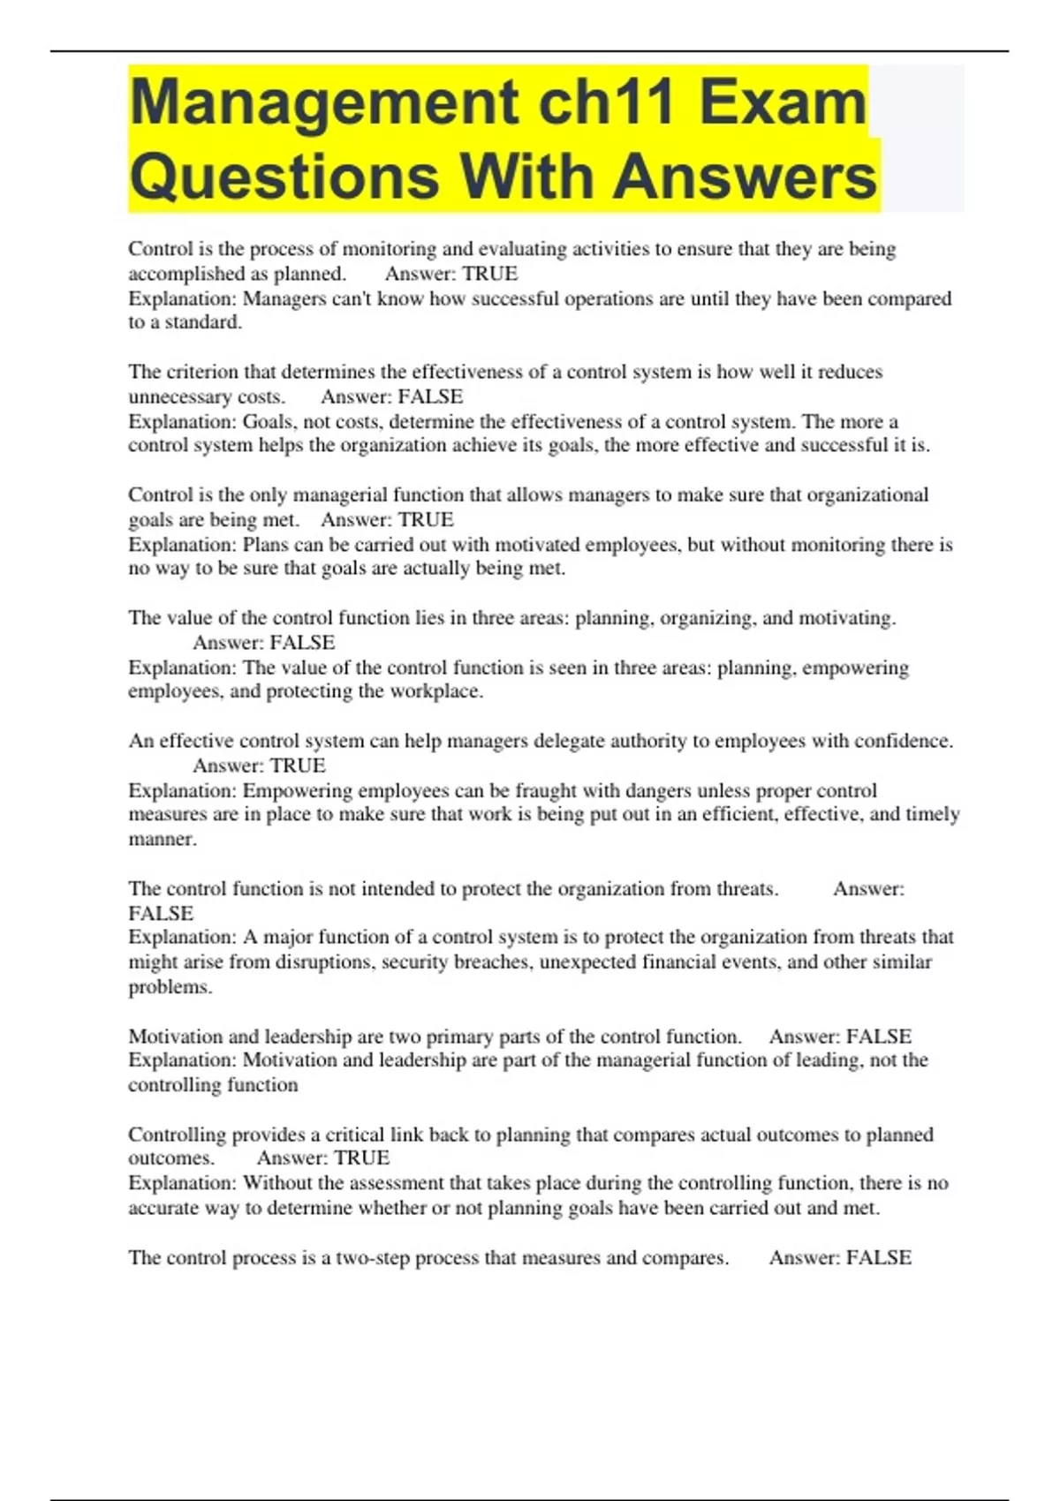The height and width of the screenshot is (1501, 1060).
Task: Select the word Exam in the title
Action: [783, 102]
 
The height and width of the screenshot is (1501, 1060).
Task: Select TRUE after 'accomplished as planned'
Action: [490, 274]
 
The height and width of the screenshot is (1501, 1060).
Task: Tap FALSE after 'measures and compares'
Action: [879, 1257]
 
